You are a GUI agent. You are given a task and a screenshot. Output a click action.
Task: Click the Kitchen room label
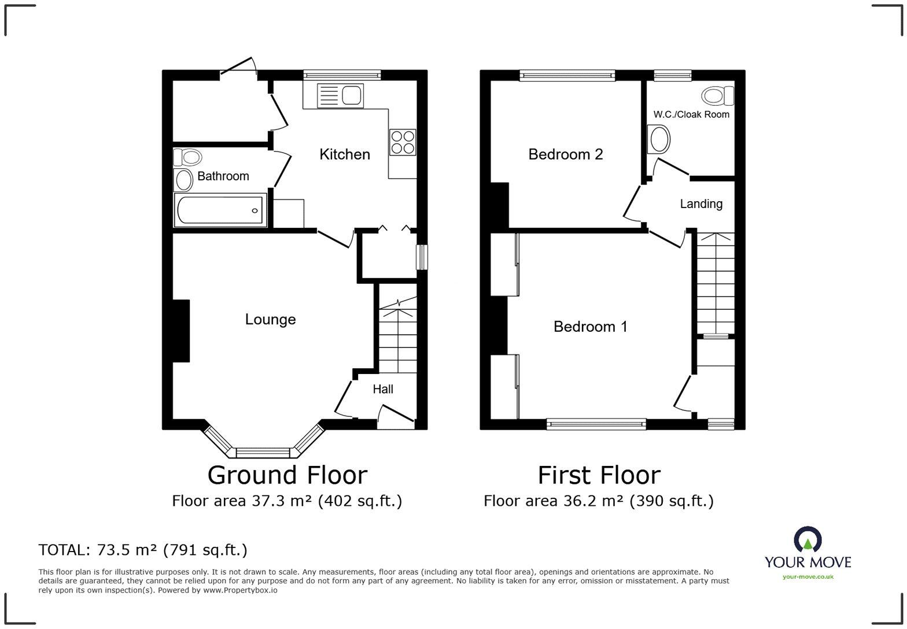tap(345, 154)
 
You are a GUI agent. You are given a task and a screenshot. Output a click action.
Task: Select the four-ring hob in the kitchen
tap(403, 142)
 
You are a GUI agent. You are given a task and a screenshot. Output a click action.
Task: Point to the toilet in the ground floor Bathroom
tap(187, 157)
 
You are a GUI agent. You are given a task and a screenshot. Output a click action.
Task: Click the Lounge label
tap(270, 320)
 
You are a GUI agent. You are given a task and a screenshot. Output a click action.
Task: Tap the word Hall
tap(383, 390)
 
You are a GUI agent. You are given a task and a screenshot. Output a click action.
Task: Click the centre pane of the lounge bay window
tap(263, 452)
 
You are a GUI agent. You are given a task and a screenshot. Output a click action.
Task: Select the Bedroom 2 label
tap(565, 154)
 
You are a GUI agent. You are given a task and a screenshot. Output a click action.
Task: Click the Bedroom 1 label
tap(590, 327)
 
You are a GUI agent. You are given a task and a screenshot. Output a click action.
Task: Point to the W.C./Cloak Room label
tap(691, 114)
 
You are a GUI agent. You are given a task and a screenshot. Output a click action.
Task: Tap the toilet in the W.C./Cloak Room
tap(717, 95)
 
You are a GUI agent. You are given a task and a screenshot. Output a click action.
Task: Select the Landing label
tap(701, 204)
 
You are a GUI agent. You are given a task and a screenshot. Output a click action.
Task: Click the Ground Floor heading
tap(287, 475)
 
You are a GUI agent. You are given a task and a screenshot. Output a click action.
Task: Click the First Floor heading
tap(599, 475)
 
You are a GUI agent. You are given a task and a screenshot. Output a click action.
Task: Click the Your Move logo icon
tap(808, 539)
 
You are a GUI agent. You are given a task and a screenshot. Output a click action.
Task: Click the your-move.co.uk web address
tap(808, 576)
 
